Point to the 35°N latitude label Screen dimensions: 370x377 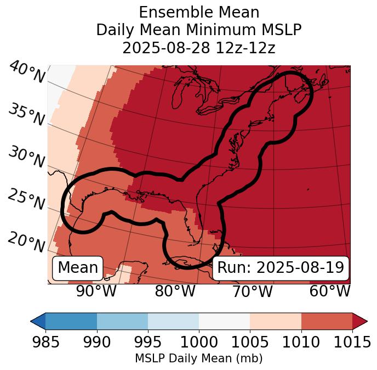pos(26,115)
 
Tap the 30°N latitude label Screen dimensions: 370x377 pos(26,158)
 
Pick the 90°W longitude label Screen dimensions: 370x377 pos(96,291)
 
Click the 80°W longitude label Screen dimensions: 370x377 pos(175,291)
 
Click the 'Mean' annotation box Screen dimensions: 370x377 pos(78,268)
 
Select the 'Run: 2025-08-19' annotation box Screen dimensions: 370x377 pos(281,268)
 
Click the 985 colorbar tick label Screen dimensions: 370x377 pos(45,342)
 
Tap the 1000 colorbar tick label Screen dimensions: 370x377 pos(199,342)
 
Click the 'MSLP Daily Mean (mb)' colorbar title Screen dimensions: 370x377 pos(199,359)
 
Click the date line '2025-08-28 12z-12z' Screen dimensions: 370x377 pos(199,48)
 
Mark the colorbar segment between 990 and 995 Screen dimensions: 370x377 pos(122,321)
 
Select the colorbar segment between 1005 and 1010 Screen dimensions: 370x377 pos(276,321)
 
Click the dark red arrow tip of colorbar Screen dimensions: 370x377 pos(360,321)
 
